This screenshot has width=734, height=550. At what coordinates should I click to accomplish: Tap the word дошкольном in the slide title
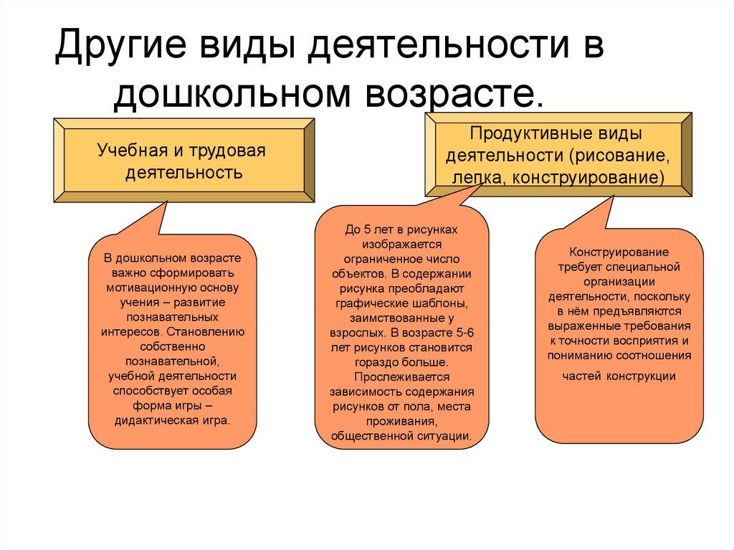tap(232, 94)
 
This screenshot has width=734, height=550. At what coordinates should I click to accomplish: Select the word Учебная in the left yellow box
tap(126, 151)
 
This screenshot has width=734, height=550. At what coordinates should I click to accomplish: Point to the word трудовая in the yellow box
tap(227, 151)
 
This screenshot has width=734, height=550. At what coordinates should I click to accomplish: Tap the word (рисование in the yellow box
tap(619, 156)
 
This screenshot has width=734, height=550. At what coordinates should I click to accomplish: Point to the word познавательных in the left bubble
tap(172, 317)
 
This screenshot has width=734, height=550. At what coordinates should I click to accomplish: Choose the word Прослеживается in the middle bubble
tap(401, 377)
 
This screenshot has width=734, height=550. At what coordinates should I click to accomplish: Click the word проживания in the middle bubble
tap(401, 422)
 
